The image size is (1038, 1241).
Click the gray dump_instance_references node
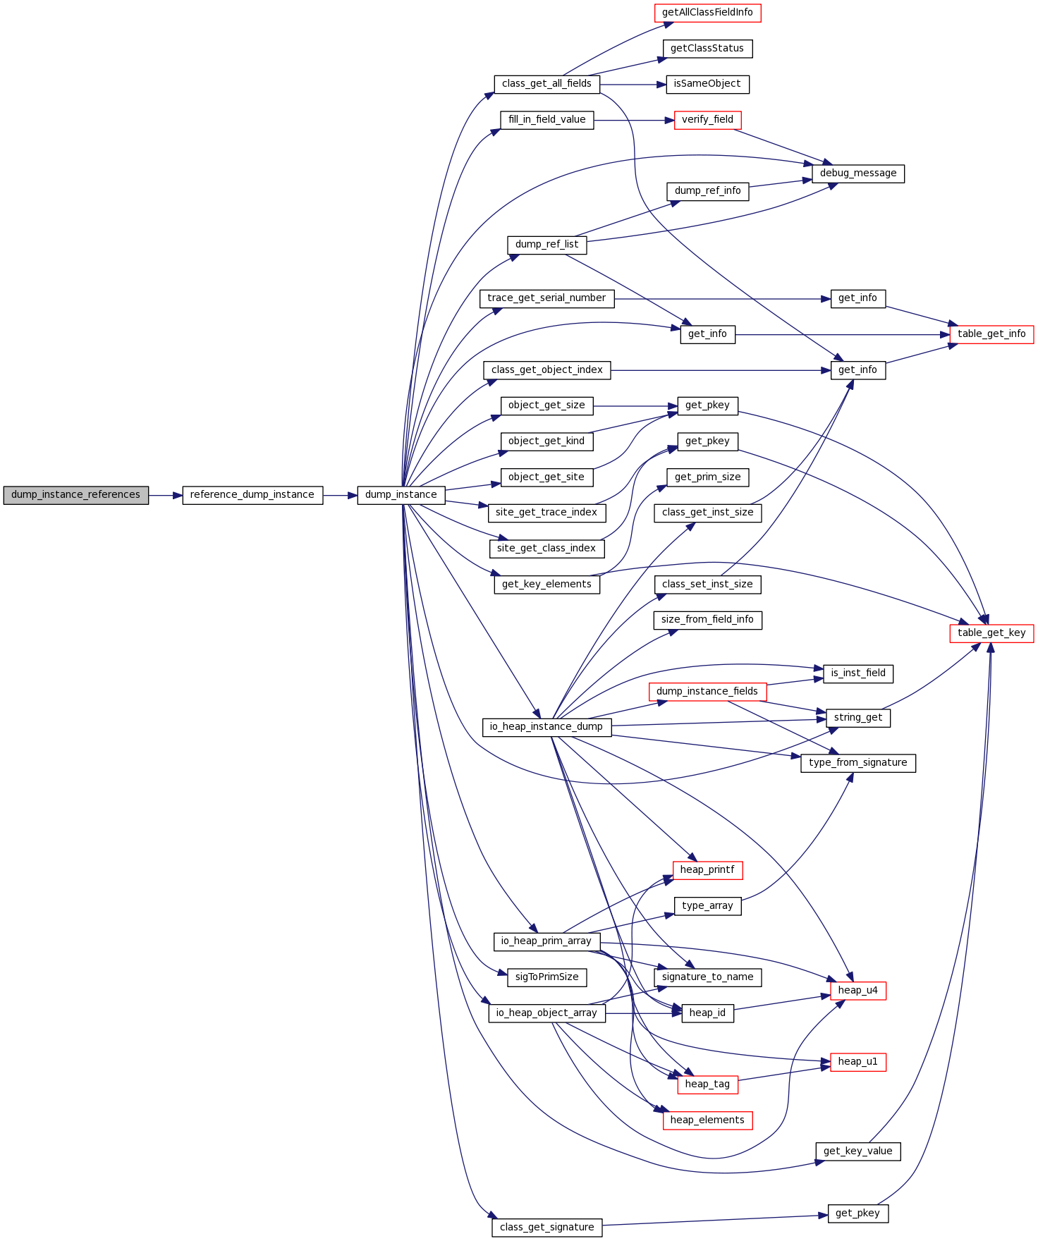[x=75, y=495]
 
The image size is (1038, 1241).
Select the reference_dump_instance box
[x=252, y=495]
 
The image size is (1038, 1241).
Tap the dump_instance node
[x=401, y=495]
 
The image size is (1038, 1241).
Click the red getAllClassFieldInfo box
[x=707, y=13]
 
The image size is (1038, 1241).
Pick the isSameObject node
[x=707, y=84]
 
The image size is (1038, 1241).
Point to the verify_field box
[x=707, y=120]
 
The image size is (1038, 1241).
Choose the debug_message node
[x=857, y=173]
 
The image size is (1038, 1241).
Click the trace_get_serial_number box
[x=547, y=298]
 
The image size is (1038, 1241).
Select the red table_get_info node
[x=991, y=334]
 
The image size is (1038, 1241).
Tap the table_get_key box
[x=991, y=633]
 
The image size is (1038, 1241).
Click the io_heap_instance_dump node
[x=547, y=727]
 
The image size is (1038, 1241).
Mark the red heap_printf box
[x=707, y=870]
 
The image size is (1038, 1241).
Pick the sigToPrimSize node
[x=547, y=977]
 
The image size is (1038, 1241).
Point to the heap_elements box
[x=707, y=1120]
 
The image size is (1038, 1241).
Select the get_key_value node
[x=857, y=1151]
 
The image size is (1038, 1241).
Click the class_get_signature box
[x=547, y=1228]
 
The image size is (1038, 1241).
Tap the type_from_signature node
[x=857, y=763]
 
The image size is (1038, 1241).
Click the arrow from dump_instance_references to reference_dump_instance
[x=165, y=496]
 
